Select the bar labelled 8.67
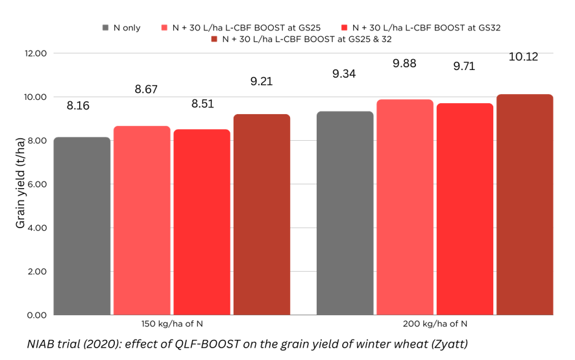(141, 221)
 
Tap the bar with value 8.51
(202, 222)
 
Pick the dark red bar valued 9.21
(262, 215)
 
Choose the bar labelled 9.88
(404, 207)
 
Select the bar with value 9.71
(465, 209)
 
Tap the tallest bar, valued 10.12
(524, 204)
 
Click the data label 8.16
(78, 106)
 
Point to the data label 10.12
(523, 57)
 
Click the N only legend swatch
(106, 28)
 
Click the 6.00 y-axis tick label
(36, 184)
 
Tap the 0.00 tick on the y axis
(36, 315)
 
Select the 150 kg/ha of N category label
(172, 323)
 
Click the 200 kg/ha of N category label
(435, 323)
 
